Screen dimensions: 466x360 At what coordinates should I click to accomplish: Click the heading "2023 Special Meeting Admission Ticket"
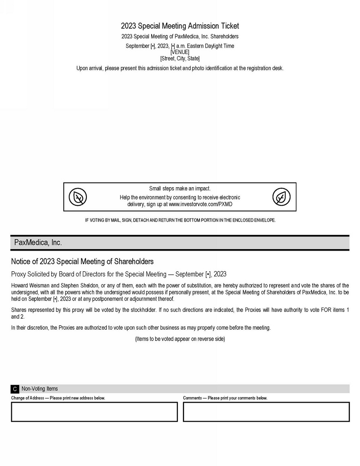(x=180, y=26)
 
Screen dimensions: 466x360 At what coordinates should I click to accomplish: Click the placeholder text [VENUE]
(x=180, y=52)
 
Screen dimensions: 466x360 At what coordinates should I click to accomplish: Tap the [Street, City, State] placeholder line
(x=180, y=58)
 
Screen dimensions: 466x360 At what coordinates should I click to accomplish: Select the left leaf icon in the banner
(x=78, y=197)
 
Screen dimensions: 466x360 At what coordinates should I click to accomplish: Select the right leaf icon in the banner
(x=282, y=197)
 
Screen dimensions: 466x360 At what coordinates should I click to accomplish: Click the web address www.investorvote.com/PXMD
(x=200, y=204)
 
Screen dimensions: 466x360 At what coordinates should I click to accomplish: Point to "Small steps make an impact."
(x=180, y=188)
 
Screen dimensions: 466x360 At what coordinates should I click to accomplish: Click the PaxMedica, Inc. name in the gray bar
(x=38, y=242)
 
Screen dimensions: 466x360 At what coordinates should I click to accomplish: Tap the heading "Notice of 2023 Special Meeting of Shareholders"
(x=82, y=261)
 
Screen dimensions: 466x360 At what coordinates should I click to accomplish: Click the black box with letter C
(x=15, y=389)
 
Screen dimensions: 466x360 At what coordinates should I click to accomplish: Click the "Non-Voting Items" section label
(x=40, y=389)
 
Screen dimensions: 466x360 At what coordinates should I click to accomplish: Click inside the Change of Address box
(x=94, y=412)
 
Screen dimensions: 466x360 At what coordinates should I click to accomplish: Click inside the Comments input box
(x=266, y=412)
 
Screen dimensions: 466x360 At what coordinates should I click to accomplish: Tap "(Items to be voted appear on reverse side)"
(x=180, y=339)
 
